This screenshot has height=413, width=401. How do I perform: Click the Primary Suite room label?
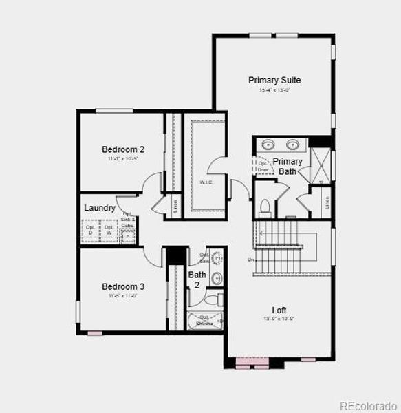274,80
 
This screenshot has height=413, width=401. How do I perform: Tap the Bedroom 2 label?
123,149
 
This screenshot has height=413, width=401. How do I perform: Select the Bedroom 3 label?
123,286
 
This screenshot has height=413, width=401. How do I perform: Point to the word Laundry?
99,208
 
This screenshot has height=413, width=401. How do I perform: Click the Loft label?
279,310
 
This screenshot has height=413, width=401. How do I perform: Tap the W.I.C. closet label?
206,182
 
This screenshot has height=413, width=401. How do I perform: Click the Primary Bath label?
287,166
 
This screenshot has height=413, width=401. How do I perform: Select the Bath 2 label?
197,279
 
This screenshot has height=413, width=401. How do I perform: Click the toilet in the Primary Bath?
265,206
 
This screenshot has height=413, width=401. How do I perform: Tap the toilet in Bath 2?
214,299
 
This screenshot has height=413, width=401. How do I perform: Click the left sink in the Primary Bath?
268,145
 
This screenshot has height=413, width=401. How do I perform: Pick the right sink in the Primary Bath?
293,145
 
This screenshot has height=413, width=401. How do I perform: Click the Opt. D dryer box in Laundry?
91,230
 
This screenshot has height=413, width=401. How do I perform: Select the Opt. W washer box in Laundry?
109,230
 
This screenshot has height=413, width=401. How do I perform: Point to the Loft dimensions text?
279,319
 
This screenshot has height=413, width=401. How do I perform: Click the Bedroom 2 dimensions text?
123,159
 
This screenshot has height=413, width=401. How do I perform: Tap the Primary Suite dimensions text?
274,90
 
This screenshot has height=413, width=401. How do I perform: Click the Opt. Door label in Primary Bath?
262,166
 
